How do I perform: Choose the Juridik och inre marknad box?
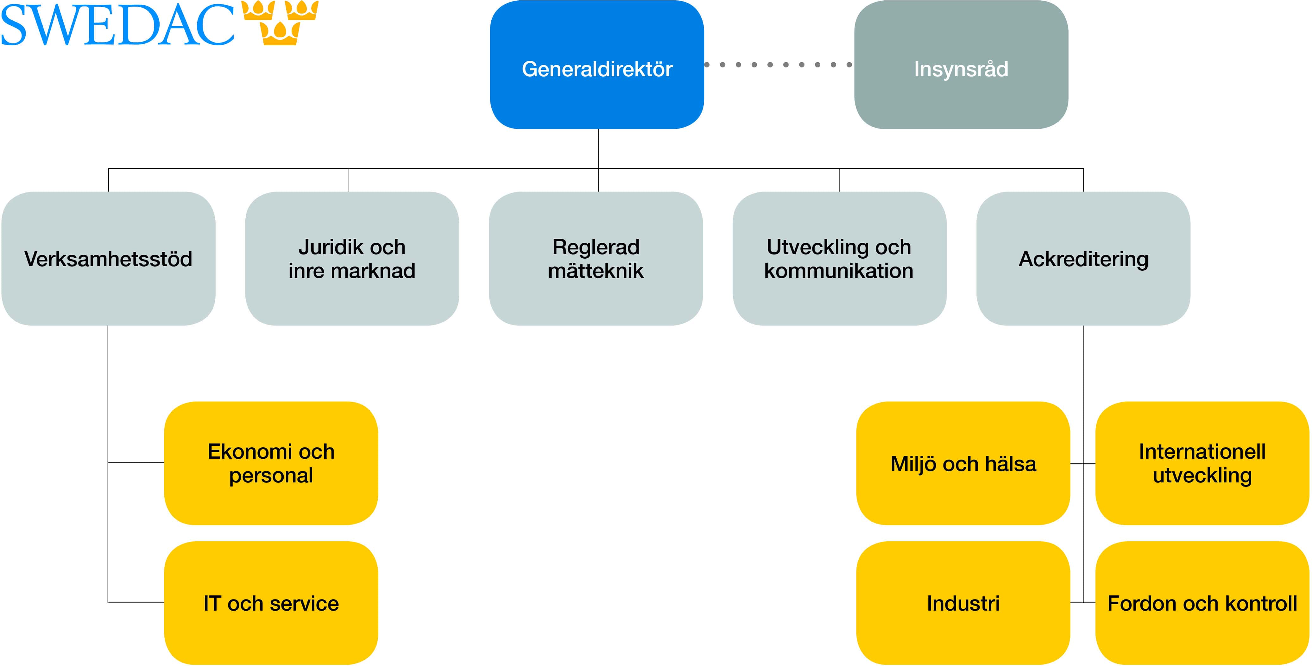click(352, 259)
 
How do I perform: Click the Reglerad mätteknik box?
click(596, 259)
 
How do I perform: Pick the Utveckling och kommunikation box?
click(839, 259)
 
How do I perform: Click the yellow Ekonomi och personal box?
click(271, 463)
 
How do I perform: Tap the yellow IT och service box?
click(271, 603)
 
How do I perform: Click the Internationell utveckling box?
click(1202, 463)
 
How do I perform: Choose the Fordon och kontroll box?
click(1202, 603)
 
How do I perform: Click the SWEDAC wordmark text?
click(117, 24)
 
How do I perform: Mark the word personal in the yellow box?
click(271, 475)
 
